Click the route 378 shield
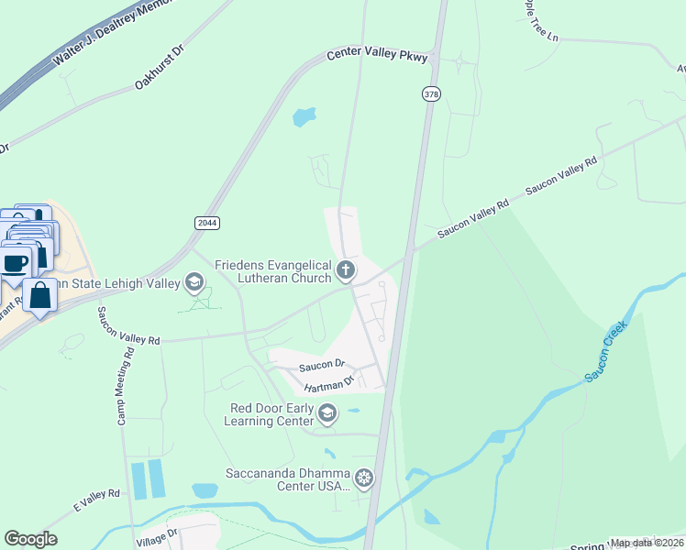(431, 93)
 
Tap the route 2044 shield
(207, 223)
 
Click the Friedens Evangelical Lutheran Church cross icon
(346, 269)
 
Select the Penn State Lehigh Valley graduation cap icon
(194, 281)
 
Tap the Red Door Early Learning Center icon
(326, 414)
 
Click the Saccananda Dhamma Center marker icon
(364, 478)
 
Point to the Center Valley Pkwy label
(378, 56)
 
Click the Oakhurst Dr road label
(160, 69)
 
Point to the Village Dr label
(158, 535)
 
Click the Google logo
(30, 539)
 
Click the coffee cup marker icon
(16, 263)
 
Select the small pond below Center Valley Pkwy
(303, 117)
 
